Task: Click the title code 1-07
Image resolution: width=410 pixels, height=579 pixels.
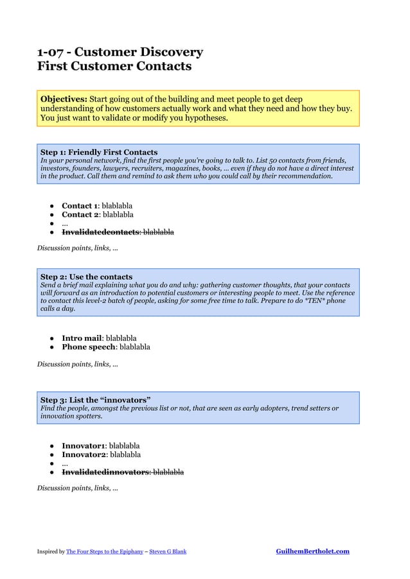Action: [x=52, y=52]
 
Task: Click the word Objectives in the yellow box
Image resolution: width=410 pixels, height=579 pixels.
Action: [x=64, y=99]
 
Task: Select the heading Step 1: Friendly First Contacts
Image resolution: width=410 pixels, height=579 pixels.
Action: [x=99, y=152]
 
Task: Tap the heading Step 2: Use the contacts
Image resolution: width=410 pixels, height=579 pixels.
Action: [x=86, y=277]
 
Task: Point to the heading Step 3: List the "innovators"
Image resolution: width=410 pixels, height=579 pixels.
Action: [x=96, y=400]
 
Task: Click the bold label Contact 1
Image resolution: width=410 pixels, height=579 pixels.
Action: [x=80, y=205]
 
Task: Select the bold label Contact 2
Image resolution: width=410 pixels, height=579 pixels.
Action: [x=80, y=214]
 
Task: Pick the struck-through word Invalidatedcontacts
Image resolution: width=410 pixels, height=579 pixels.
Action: [x=100, y=232]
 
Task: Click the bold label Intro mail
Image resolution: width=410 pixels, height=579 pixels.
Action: [x=81, y=338]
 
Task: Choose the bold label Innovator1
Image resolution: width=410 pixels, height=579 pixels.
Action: [x=83, y=445]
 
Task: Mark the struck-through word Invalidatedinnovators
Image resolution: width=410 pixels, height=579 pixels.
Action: [x=105, y=472]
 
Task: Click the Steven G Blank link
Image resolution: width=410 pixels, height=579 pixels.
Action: [x=168, y=551]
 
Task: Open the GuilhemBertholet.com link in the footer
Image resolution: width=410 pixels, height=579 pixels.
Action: [x=312, y=551]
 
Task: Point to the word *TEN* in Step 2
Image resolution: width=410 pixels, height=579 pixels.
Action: [x=323, y=301]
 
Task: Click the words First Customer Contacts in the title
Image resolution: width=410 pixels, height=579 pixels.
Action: [x=114, y=66]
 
